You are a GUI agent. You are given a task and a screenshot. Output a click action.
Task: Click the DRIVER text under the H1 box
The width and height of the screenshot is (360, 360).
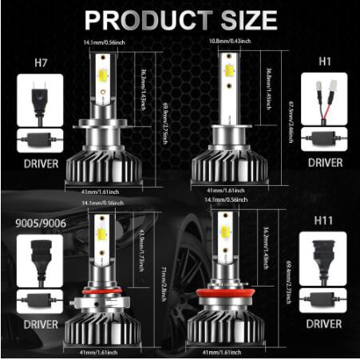[324, 163]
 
